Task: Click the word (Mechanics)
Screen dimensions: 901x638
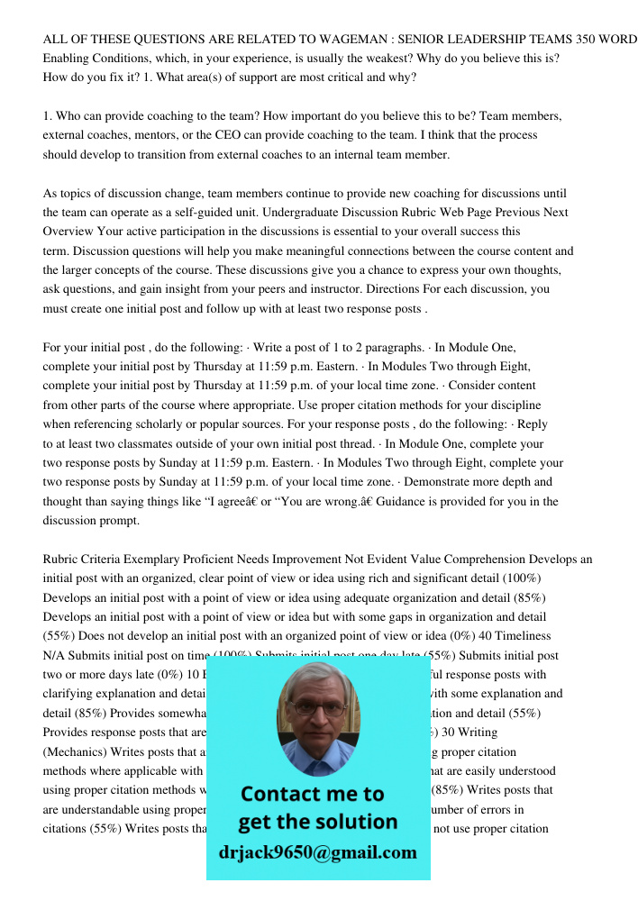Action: pyautogui.click(x=77, y=751)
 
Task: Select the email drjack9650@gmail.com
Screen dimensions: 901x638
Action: pyautogui.click(x=317, y=851)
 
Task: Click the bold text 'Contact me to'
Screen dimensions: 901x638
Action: pyautogui.click(x=312, y=794)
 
